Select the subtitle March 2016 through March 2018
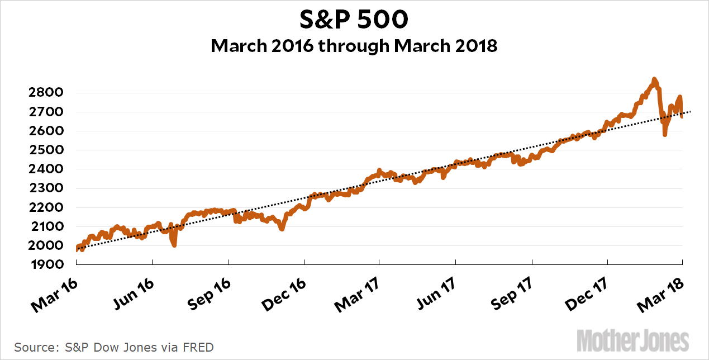[x=354, y=46]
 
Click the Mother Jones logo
[x=632, y=340]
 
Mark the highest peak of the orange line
[x=654, y=80]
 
